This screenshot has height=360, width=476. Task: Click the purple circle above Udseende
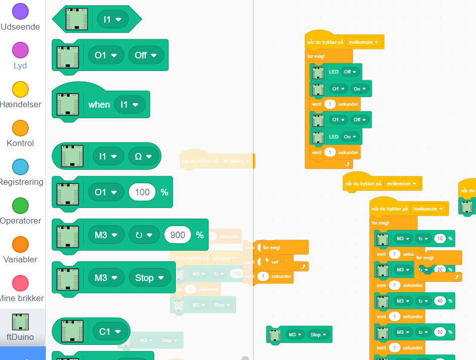pos(20,12)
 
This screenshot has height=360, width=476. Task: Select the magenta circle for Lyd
pos(20,50)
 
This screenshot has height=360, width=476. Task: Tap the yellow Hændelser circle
pos(20,89)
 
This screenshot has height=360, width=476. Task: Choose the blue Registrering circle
pos(20,167)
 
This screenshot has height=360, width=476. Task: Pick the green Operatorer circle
pos(20,205)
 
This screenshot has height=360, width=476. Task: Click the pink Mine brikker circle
pos(20,283)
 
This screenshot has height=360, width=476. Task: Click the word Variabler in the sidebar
pos(20,259)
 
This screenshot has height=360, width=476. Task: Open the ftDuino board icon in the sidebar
pos(20,322)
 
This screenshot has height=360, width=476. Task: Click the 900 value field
pos(178,235)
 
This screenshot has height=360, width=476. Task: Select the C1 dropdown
pos(111,331)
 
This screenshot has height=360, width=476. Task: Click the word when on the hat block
pos(99,105)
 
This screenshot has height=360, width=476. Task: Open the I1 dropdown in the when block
pos(129,105)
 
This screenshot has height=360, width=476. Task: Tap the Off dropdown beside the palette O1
pos(146,55)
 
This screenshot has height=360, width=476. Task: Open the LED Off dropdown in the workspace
pos(350,72)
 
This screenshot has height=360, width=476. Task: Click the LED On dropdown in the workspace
pos(350,136)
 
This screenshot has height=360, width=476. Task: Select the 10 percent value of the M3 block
pos(440,239)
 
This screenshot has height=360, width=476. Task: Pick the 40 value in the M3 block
pos(440,301)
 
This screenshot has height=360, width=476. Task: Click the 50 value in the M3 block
pos(440,332)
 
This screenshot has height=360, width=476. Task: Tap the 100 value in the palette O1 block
pos(142,192)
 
